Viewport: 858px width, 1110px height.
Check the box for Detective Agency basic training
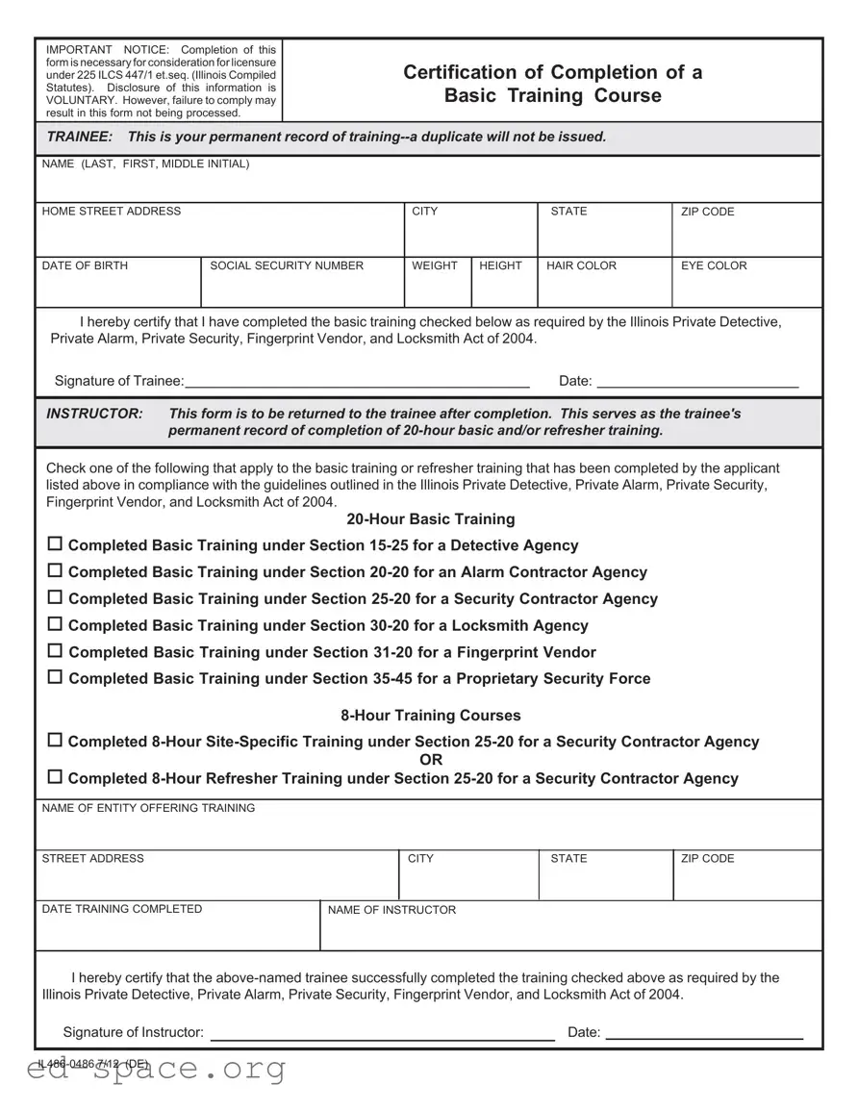click(55, 544)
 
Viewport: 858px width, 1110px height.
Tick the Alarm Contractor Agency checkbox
click(55, 571)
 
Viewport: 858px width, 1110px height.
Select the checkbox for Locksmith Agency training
click(55, 624)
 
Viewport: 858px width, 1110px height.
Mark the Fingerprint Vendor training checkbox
click(55, 651)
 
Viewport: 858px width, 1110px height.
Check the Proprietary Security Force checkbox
click(55, 677)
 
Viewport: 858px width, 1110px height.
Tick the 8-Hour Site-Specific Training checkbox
click(55, 741)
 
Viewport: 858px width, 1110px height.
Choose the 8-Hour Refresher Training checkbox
click(55, 777)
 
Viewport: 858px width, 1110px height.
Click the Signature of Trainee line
click(356, 380)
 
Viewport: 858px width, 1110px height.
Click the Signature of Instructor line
click(382, 1032)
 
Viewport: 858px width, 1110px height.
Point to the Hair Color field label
click(581, 265)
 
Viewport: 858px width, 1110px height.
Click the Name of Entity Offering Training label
click(148, 808)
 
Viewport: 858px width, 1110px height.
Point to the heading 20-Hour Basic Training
click(430, 519)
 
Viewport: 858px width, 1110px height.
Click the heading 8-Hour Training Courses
click(430, 716)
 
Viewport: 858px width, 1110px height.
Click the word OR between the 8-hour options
click(432, 760)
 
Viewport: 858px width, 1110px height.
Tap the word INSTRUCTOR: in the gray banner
click(94, 414)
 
